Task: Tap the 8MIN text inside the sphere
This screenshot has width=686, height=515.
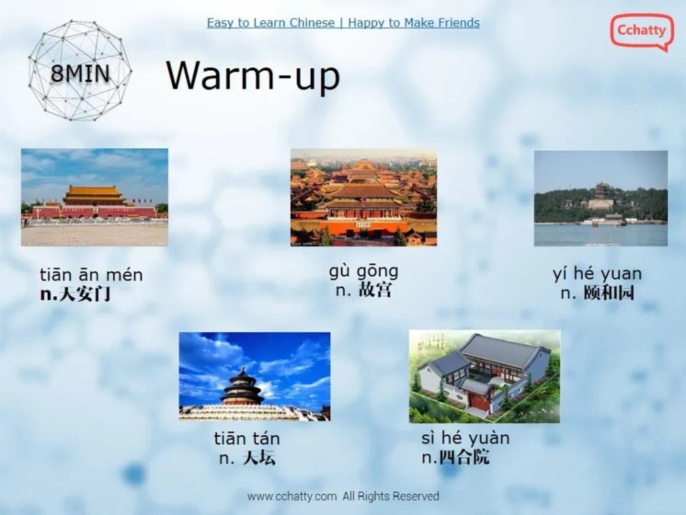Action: pyautogui.click(x=81, y=73)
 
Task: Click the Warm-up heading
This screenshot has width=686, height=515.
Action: pyautogui.click(x=253, y=75)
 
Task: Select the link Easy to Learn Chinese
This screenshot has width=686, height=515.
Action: pyautogui.click(x=270, y=23)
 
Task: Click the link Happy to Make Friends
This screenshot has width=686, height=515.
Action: pyautogui.click(x=414, y=23)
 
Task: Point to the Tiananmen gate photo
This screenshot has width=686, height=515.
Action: pyautogui.click(x=94, y=197)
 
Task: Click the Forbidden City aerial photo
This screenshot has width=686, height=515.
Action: pyautogui.click(x=364, y=197)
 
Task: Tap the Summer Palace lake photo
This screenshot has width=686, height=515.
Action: pyautogui.click(x=601, y=198)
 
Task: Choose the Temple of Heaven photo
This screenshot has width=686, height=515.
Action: pyautogui.click(x=254, y=376)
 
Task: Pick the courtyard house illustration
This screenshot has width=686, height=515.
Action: pyautogui.click(x=484, y=376)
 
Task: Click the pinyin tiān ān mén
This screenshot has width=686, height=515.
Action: pyautogui.click(x=91, y=275)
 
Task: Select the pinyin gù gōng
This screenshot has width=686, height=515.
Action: pyautogui.click(x=364, y=272)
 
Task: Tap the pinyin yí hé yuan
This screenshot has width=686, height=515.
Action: pyautogui.click(x=597, y=274)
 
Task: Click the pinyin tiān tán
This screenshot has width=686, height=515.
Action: pyautogui.click(x=247, y=438)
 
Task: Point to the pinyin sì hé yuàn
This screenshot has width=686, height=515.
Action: pyautogui.click(x=465, y=438)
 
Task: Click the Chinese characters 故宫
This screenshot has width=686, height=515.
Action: pyautogui.click(x=374, y=290)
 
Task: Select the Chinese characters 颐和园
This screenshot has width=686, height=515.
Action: pyautogui.click(x=609, y=293)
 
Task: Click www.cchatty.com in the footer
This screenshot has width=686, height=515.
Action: pyautogui.click(x=292, y=496)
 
